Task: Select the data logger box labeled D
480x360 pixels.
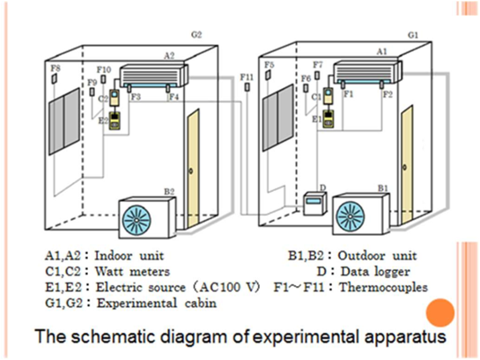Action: (314, 203)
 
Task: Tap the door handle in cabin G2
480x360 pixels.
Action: (191, 171)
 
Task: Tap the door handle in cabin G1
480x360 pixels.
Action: (404, 167)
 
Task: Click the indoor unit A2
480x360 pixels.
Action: (152, 77)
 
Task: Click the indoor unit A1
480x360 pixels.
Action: (366, 73)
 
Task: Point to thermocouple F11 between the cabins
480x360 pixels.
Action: (247, 87)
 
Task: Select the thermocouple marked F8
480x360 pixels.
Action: (55, 78)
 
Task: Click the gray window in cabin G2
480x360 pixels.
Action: (64, 121)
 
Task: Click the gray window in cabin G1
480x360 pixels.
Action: (277, 118)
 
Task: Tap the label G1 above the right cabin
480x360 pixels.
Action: (413, 35)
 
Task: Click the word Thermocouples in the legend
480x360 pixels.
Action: (384, 288)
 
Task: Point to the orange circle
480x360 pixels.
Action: (440, 312)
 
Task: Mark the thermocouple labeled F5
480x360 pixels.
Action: (268, 75)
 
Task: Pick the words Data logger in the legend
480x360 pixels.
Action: (375, 272)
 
